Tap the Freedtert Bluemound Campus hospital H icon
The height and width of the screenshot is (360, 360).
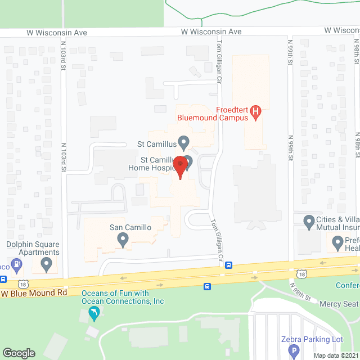[256, 112]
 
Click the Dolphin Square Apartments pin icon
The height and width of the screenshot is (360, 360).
[47, 263]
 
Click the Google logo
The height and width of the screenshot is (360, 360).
[19, 353]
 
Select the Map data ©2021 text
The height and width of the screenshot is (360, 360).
[335, 355]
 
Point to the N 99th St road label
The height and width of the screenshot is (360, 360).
[291, 148]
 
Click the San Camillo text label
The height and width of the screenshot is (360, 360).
[130, 228]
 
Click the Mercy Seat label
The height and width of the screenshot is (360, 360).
[339, 304]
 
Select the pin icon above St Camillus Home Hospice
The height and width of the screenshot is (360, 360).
[183, 141]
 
